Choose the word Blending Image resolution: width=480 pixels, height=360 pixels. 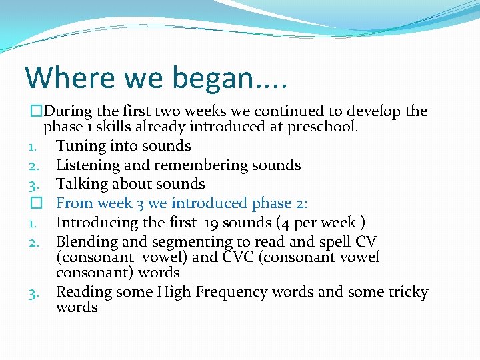coord(86,241)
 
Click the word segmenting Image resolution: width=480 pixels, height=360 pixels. coord(184,242)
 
